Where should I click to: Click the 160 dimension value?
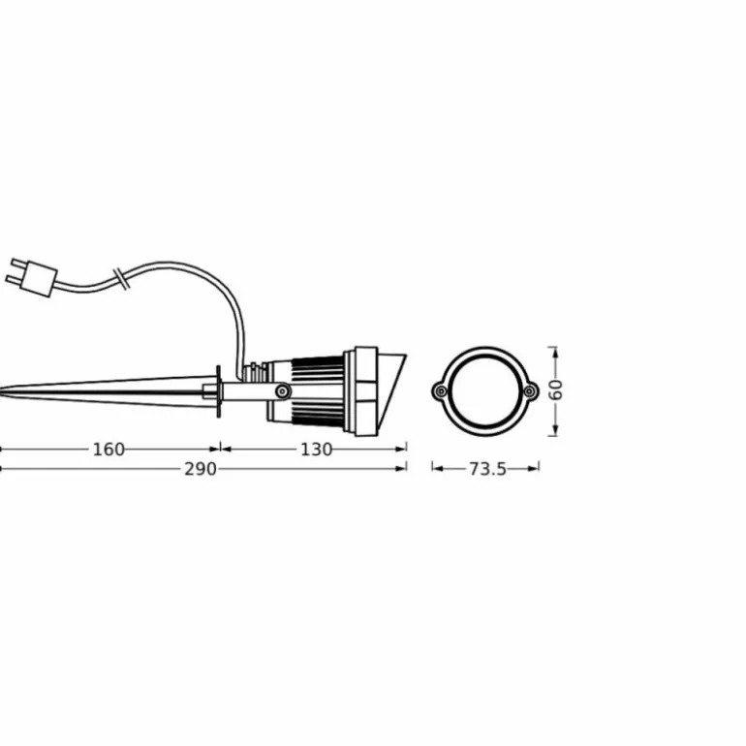109,449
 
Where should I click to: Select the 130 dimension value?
317,449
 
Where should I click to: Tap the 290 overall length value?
202,469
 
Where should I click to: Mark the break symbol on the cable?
120,277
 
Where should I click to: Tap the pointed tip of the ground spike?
3,392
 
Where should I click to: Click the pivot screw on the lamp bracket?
281,390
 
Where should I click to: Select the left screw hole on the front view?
440,390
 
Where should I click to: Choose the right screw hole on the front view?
530,390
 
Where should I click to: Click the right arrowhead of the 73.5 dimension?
535,469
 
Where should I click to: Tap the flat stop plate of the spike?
221,390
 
